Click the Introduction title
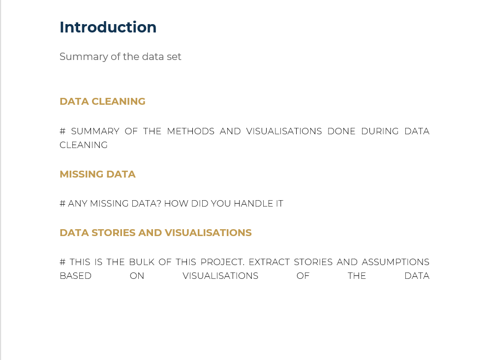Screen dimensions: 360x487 (108, 28)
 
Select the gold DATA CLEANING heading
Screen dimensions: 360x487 (102, 101)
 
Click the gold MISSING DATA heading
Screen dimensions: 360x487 (97, 174)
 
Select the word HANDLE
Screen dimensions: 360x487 (251, 204)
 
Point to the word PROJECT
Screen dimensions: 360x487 (222, 262)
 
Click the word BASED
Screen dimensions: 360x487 (75, 276)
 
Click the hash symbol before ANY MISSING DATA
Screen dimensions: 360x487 (62, 204)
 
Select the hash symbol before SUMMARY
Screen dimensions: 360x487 (62, 131)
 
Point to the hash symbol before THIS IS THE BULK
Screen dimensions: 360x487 (62, 262)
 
